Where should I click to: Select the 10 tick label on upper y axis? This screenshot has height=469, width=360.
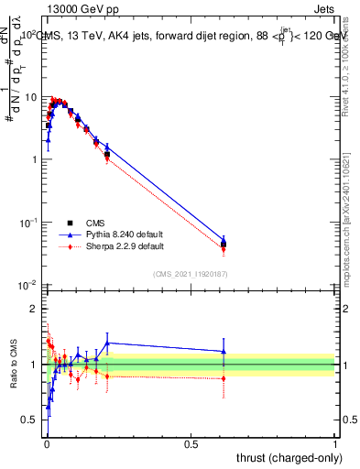point(30,97)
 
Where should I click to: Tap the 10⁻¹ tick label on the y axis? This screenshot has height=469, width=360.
point(27,223)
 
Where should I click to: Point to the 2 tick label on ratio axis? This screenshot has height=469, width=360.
point(33,309)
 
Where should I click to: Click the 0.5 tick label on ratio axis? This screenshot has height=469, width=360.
point(29,420)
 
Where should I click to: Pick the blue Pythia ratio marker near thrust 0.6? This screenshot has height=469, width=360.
point(224,351)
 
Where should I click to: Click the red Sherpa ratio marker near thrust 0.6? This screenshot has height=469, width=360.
point(224,378)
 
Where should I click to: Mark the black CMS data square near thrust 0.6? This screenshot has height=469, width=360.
point(224,244)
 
